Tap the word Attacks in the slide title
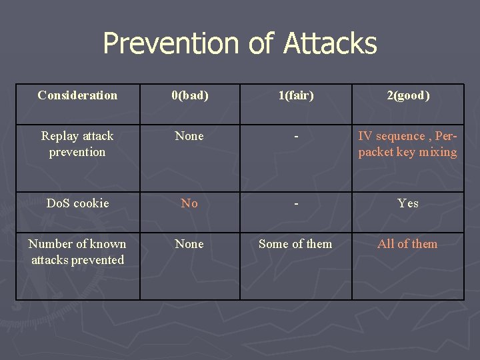(x=330, y=44)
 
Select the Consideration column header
(x=77, y=95)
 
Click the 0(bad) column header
(x=190, y=95)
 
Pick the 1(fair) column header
(x=295, y=95)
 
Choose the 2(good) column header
(x=408, y=95)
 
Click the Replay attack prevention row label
(x=77, y=144)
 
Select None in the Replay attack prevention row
(x=189, y=136)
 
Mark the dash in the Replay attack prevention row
(x=295, y=136)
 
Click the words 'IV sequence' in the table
(x=391, y=136)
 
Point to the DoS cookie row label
(x=77, y=203)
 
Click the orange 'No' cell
(x=189, y=203)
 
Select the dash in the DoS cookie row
(x=295, y=203)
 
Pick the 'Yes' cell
(x=408, y=203)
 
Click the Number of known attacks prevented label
(x=77, y=252)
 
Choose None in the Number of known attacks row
(x=189, y=244)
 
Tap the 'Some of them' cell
(x=295, y=244)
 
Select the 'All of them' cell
(x=407, y=244)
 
